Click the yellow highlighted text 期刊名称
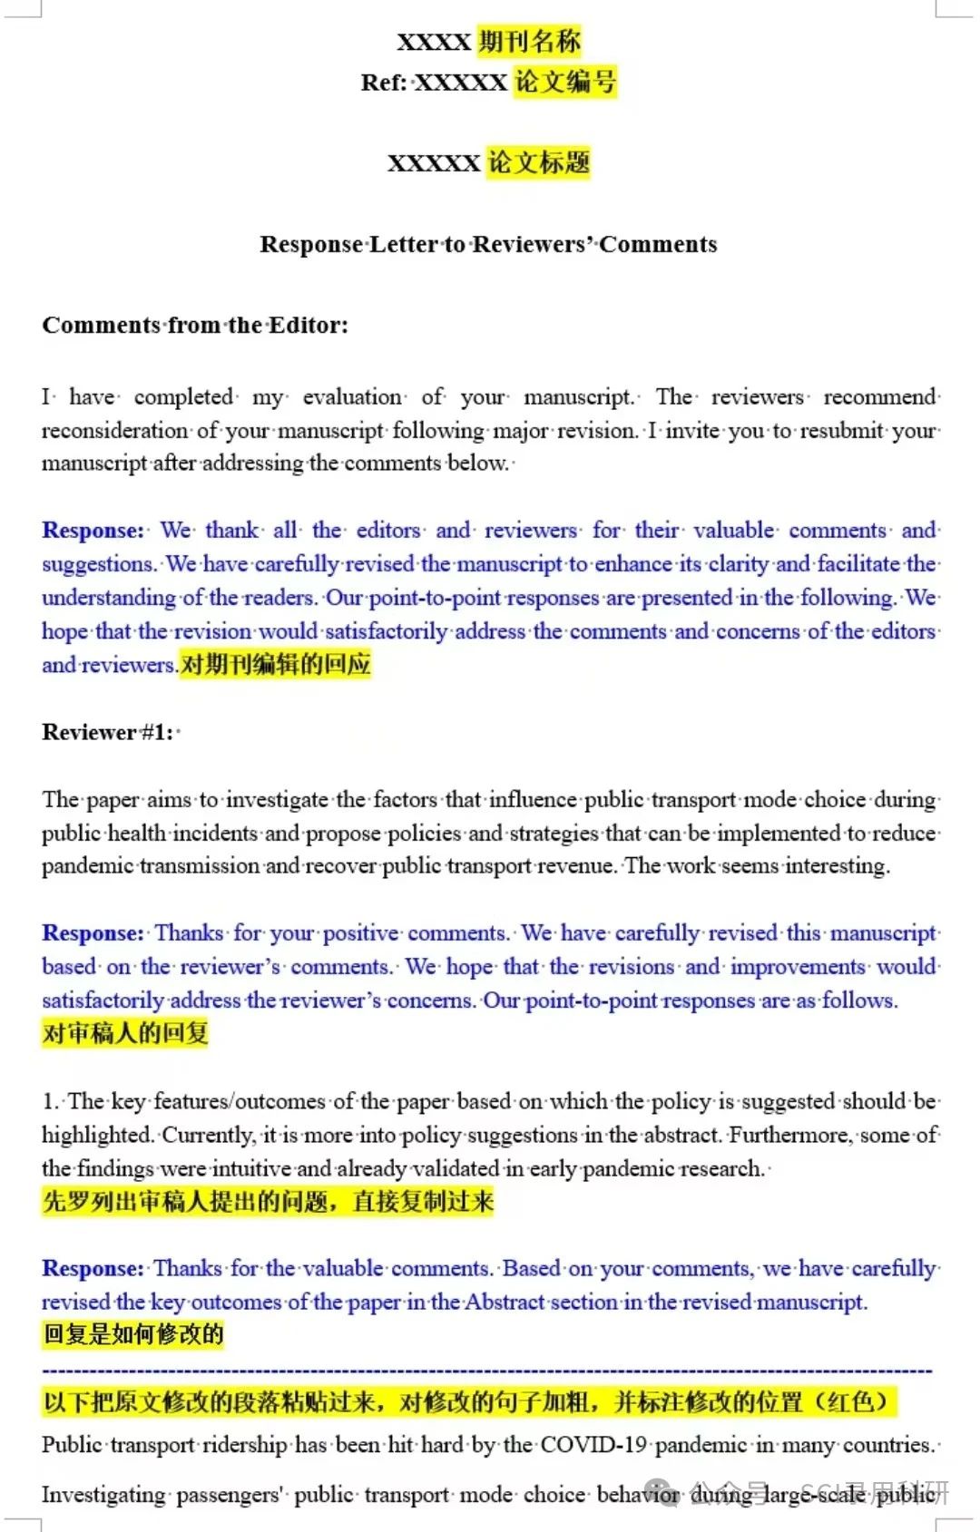[529, 41]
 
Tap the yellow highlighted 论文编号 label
[565, 82]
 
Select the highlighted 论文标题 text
[539, 162]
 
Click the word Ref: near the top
[384, 83]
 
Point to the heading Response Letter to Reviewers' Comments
[488, 244]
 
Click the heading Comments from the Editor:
[195, 325]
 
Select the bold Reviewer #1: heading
[108, 732]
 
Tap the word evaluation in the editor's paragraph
[352, 396]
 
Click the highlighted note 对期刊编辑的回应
[276, 665]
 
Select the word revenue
[576, 865]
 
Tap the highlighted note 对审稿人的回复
[125, 1033]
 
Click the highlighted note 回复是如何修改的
[133, 1335]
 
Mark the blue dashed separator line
[487, 1370]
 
